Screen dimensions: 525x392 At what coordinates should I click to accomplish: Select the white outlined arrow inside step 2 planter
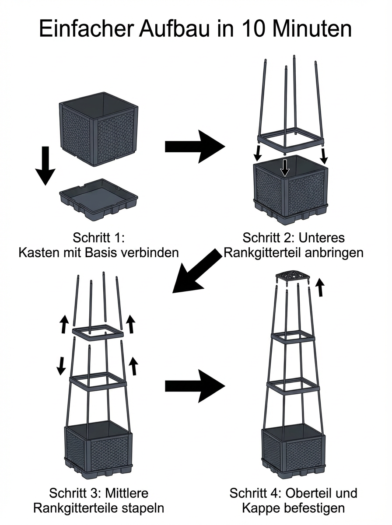click(x=285, y=168)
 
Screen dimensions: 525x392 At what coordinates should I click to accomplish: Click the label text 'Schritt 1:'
click(x=99, y=238)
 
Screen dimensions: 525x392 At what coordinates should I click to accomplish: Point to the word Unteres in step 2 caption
click(x=324, y=238)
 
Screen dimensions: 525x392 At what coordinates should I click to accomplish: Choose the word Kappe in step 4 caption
click(x=260, y=508)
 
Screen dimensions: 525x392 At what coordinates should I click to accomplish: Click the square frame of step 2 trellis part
click(x=290, y=142)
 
